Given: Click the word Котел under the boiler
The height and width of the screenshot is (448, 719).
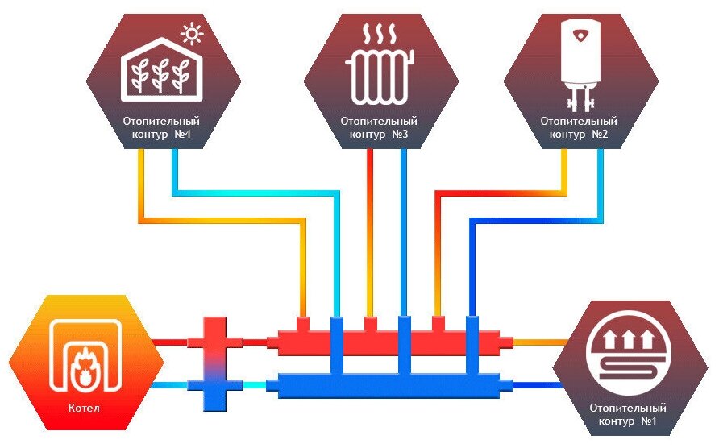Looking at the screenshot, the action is (84, 408).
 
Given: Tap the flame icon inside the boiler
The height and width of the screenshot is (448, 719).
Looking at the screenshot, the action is (84, 370).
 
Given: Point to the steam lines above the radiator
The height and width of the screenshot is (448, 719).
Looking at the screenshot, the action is (380, 37).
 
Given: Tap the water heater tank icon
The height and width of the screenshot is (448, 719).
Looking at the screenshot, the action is (580, 60).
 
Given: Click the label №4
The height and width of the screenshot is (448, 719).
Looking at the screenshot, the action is (181, 135).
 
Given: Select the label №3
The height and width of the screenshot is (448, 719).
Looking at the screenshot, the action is (401, 135).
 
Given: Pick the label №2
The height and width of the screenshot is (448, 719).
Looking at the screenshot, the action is (598, 135).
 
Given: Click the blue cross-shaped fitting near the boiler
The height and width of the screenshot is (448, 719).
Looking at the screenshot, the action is (215, 388).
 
